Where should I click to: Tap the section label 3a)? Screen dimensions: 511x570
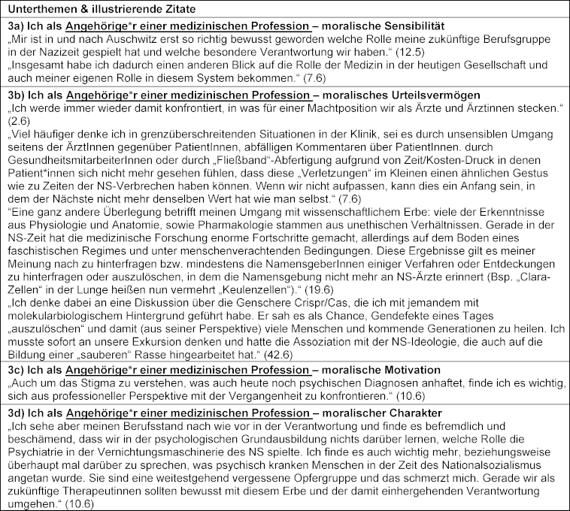16,26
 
